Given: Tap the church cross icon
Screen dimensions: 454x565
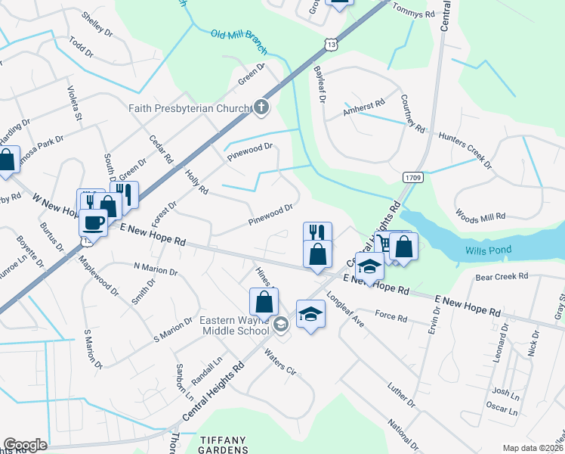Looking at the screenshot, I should coord(261,107).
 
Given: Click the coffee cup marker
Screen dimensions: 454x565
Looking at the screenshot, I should coord(94,222).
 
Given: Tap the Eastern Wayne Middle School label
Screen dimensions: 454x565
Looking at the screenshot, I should coord(234,325).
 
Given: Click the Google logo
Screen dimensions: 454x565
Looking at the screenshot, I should coord(25,445).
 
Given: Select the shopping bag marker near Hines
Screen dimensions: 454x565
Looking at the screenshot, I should coord(264,301).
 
